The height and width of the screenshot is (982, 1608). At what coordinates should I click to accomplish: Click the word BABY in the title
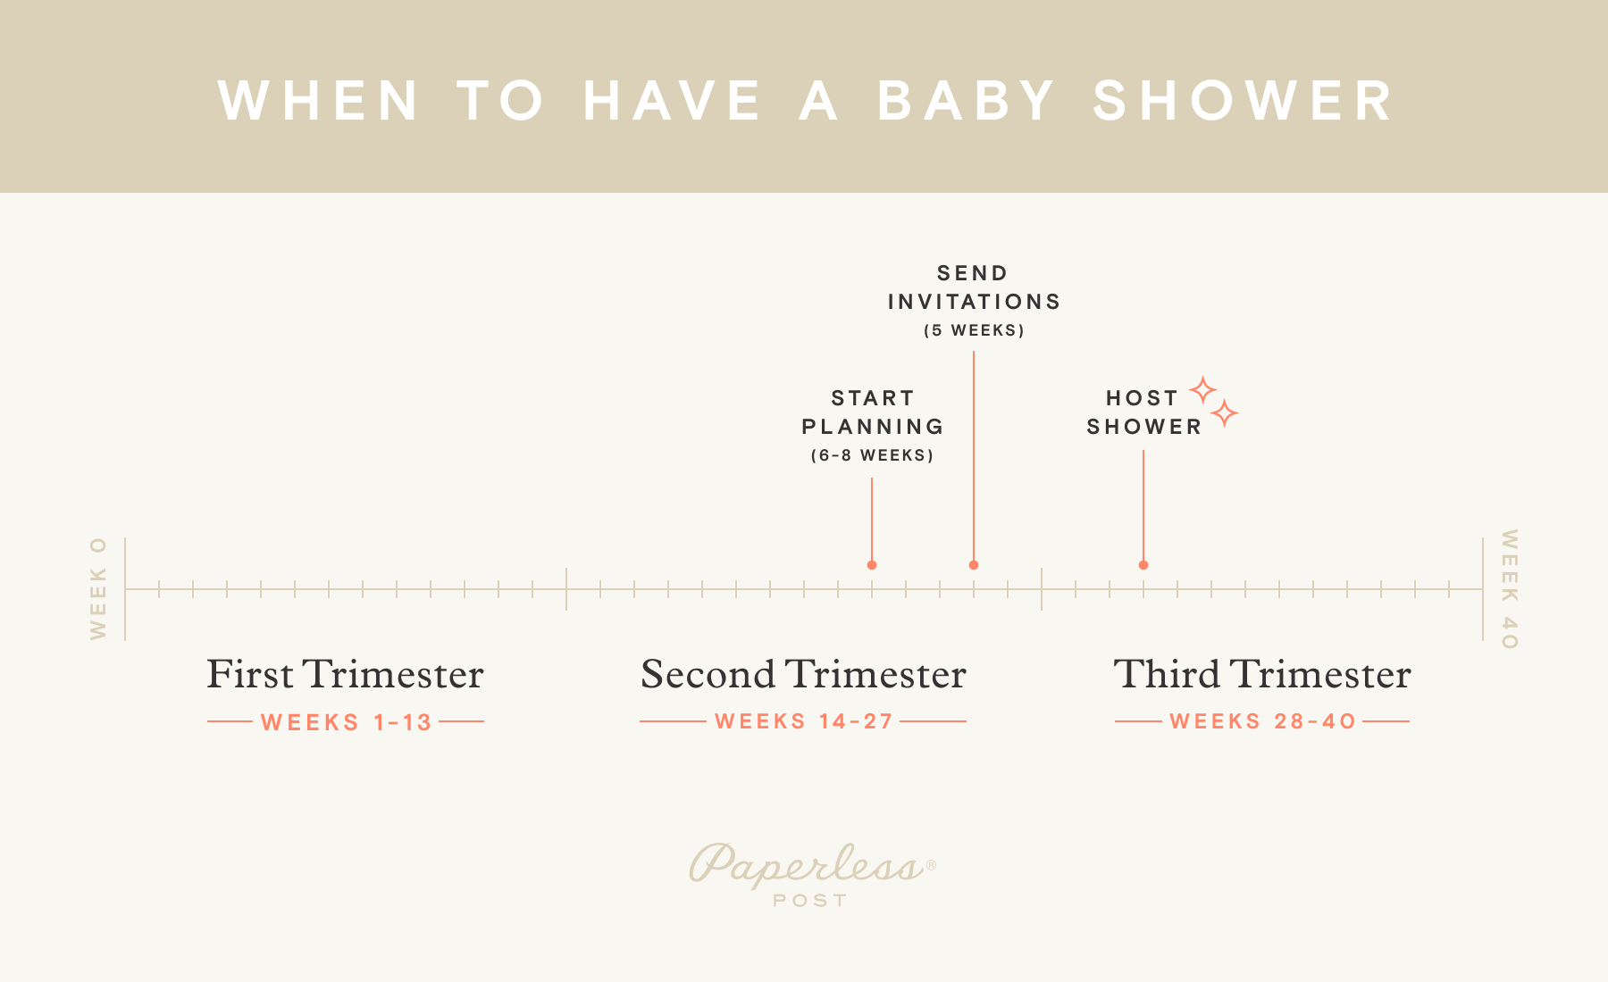966,100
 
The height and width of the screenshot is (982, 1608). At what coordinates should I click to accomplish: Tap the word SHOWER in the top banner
1243,100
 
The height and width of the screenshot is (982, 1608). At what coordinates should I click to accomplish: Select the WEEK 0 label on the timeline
98,588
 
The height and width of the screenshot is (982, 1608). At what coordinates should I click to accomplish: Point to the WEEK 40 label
1509,589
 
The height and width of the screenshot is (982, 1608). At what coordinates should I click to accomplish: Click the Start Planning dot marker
872,565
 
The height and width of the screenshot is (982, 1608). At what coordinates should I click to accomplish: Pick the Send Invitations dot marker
974,565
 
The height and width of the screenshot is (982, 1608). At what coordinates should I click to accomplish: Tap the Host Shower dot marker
1143,565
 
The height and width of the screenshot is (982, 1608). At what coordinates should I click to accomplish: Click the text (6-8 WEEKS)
872,455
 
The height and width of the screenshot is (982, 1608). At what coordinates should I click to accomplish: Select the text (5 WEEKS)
974,330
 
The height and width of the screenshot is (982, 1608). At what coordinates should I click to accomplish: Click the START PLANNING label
872,412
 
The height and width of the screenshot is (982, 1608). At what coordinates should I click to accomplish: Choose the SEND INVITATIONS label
974,287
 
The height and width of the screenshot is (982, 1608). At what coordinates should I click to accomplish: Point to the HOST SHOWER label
1143,412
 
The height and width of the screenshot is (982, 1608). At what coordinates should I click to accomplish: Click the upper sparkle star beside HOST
1202,390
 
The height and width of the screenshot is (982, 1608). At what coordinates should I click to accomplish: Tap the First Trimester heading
345,674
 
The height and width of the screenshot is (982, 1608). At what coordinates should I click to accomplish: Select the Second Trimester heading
803,674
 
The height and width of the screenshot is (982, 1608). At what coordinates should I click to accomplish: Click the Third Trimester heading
1261,674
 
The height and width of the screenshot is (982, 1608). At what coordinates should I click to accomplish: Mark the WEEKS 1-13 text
346,722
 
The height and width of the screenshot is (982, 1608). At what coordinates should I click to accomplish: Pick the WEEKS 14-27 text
804,721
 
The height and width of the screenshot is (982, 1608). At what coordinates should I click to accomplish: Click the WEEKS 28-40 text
1262,721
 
